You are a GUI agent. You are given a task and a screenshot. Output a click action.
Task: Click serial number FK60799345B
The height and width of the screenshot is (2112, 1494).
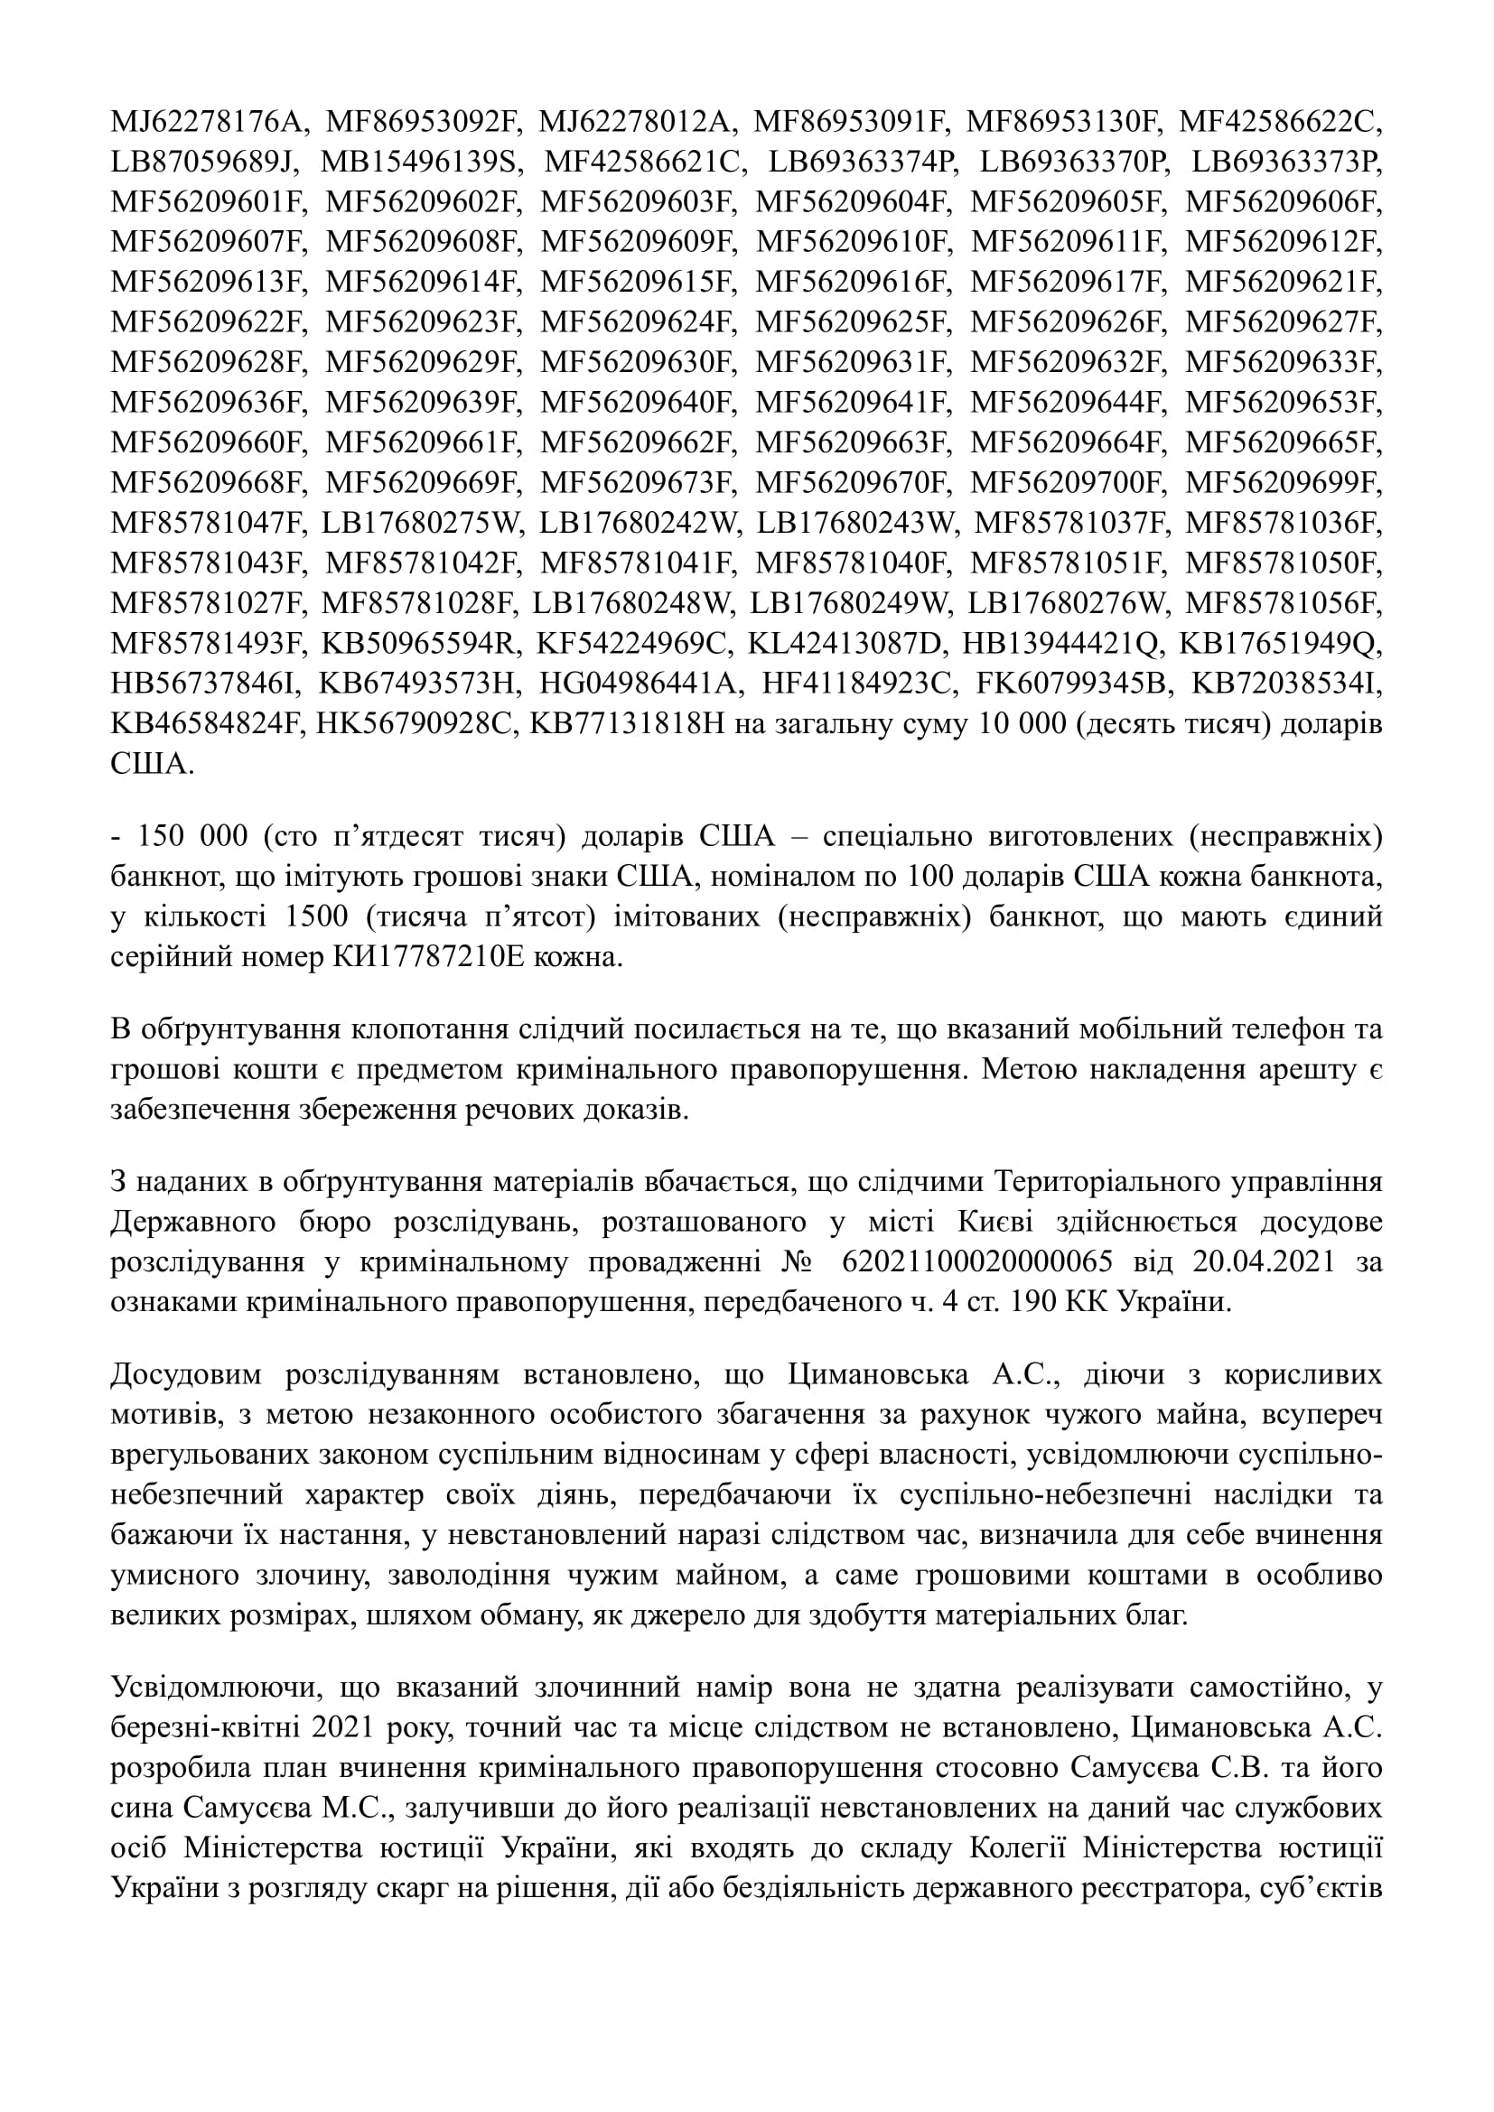click(x=1063, y=684)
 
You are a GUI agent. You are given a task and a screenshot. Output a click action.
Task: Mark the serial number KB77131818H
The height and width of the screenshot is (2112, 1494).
click(x=628, y=725)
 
